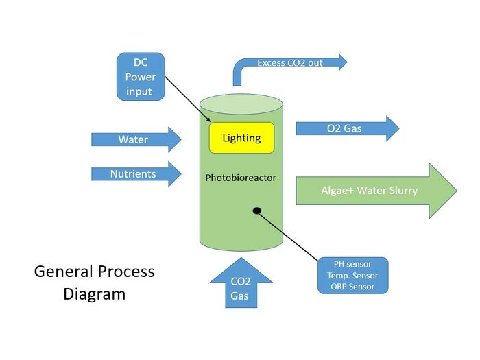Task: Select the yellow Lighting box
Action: pos(241,138)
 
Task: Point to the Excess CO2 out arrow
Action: pos(295,63)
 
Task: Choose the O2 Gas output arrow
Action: pos(346,128)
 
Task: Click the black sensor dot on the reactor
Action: pos(257,211)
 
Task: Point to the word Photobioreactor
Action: pos(241,178)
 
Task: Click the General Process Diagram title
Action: pos(95,283)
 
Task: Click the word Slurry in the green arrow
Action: pos(401,191)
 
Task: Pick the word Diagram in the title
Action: pos(95,294)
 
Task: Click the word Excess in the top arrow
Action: pos(272,63)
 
